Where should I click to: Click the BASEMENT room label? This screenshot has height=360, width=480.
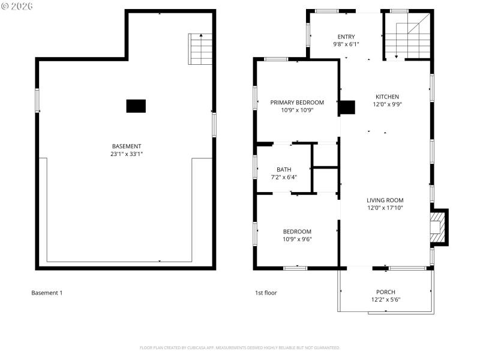[x=127, y=146]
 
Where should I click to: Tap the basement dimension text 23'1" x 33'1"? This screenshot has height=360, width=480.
[x=127, y=154]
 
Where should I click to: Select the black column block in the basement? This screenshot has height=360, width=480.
[x=136, y=106]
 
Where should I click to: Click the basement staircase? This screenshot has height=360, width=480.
[x=201, y=49]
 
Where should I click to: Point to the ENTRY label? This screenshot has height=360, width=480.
[x=346, y=37]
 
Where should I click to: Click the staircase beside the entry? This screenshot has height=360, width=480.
[x=407, y=37]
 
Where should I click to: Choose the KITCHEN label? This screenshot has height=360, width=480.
[x=387, y=97]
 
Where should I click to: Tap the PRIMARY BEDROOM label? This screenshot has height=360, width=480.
[x=297, y=103]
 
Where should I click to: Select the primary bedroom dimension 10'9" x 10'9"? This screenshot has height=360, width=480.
[x=297, y=110]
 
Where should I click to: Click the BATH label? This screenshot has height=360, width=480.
[x=284, y=169]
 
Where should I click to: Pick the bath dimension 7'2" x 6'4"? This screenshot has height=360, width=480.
[x=284, y=177]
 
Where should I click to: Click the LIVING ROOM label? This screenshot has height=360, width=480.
[x=385, y=200]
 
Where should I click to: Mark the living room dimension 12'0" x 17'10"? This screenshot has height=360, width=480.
[x=385, y=208]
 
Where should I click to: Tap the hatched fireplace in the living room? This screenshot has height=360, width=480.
[x=437, y=227]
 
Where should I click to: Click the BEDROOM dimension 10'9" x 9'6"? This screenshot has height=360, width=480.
[x=297, y=239]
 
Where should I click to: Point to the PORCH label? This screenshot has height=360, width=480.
[x=385, y=292]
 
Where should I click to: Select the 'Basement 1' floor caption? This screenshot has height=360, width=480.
[x=47, y=293]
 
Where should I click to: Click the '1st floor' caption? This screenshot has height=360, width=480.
[x=266, y=293]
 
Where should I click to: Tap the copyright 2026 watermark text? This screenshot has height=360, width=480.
[x=17, y=6]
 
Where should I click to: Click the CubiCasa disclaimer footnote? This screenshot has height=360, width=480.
[x=240, y=347]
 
